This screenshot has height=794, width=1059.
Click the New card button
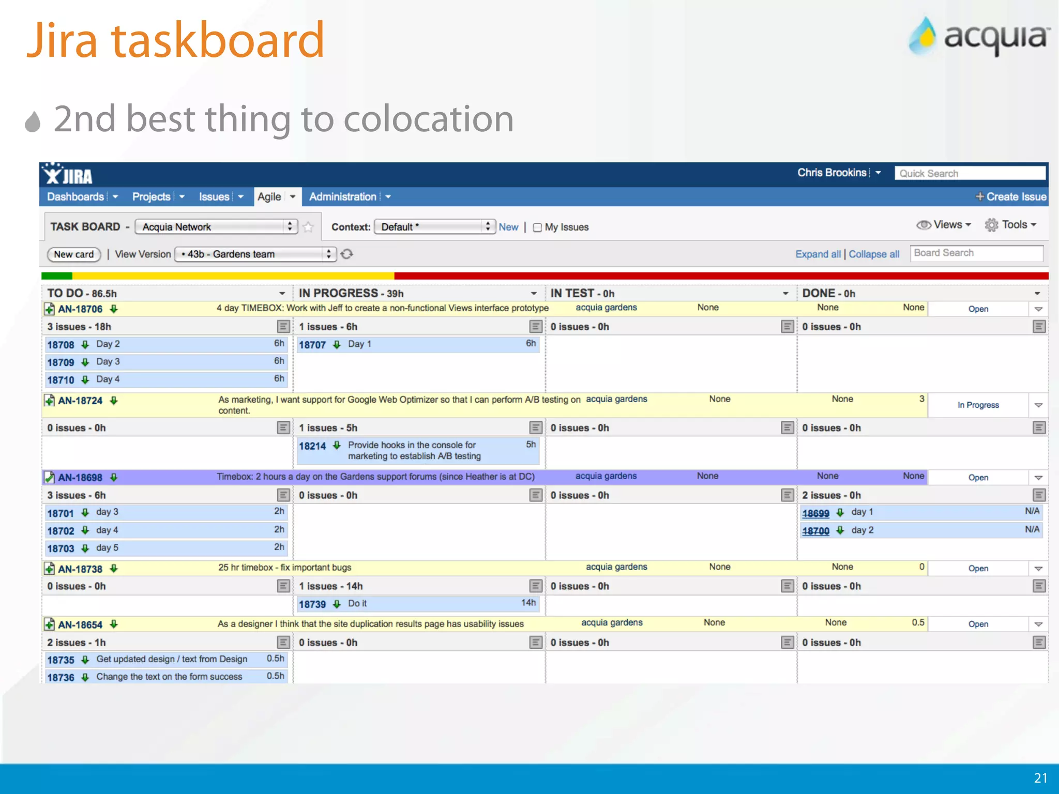click(x=73, y=254)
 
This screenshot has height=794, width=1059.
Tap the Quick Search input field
click(x=970, y=173)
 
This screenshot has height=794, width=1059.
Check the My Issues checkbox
click(x=537, y=227)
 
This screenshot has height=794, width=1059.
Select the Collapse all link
click(x=874, y=254)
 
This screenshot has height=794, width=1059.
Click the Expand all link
click(x=818, y=254)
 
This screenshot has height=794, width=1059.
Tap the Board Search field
click(x=976, y=253)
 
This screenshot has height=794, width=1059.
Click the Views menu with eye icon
click(x=944, y=225)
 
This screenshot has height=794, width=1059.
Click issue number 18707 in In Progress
click(x=312, y=345)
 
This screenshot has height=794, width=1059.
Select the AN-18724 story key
click(x=80, y=401)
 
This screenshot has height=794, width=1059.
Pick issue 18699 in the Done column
click(x=815, y=513)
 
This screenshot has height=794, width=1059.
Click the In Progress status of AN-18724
click(x=978, y=405)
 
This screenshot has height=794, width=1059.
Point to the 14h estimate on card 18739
click(x=528, y=603)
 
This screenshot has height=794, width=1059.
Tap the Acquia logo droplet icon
click(x=924, y=36)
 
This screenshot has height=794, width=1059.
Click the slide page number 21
click(x=1040, y=778)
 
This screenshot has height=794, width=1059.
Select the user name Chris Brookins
click(x=831, y=173)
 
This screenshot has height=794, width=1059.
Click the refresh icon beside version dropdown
click(x=347, y=254)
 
